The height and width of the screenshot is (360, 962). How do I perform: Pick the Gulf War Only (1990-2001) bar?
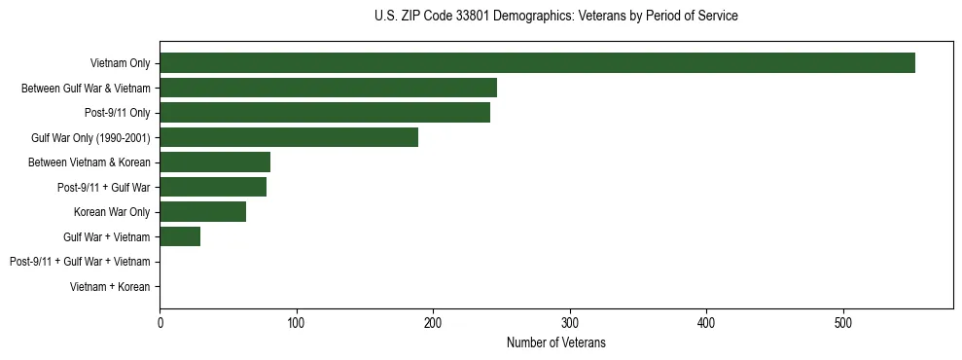[x=289, y=137]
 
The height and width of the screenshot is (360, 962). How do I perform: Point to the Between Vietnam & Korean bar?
[x=215, y=162]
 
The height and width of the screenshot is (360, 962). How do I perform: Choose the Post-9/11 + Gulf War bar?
[x=213, y=187]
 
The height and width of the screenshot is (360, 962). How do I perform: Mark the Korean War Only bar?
[x=202, y=212]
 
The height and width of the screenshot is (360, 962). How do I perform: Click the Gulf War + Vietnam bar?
[x=180, y=236]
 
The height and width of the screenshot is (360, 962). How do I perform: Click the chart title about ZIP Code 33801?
[x=555, y=17]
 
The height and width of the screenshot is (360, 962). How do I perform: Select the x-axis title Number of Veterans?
[x=555, y=342]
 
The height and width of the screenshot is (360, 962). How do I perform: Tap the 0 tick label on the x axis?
[x=160, y=322]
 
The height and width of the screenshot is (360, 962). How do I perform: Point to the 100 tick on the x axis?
[x=297, y=322]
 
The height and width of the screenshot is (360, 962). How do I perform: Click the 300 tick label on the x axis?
[x=570, y=322]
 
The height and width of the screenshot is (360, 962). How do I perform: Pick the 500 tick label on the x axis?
[x=843, y=322]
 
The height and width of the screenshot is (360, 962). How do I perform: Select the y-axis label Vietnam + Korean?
[x=110, y=287]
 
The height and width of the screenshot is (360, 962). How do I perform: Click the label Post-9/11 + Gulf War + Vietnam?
[x=80, y=262]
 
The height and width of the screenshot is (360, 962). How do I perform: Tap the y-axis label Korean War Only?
[x=112, y=212]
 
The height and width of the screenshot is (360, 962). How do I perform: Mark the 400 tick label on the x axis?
[x=707, y=322]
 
